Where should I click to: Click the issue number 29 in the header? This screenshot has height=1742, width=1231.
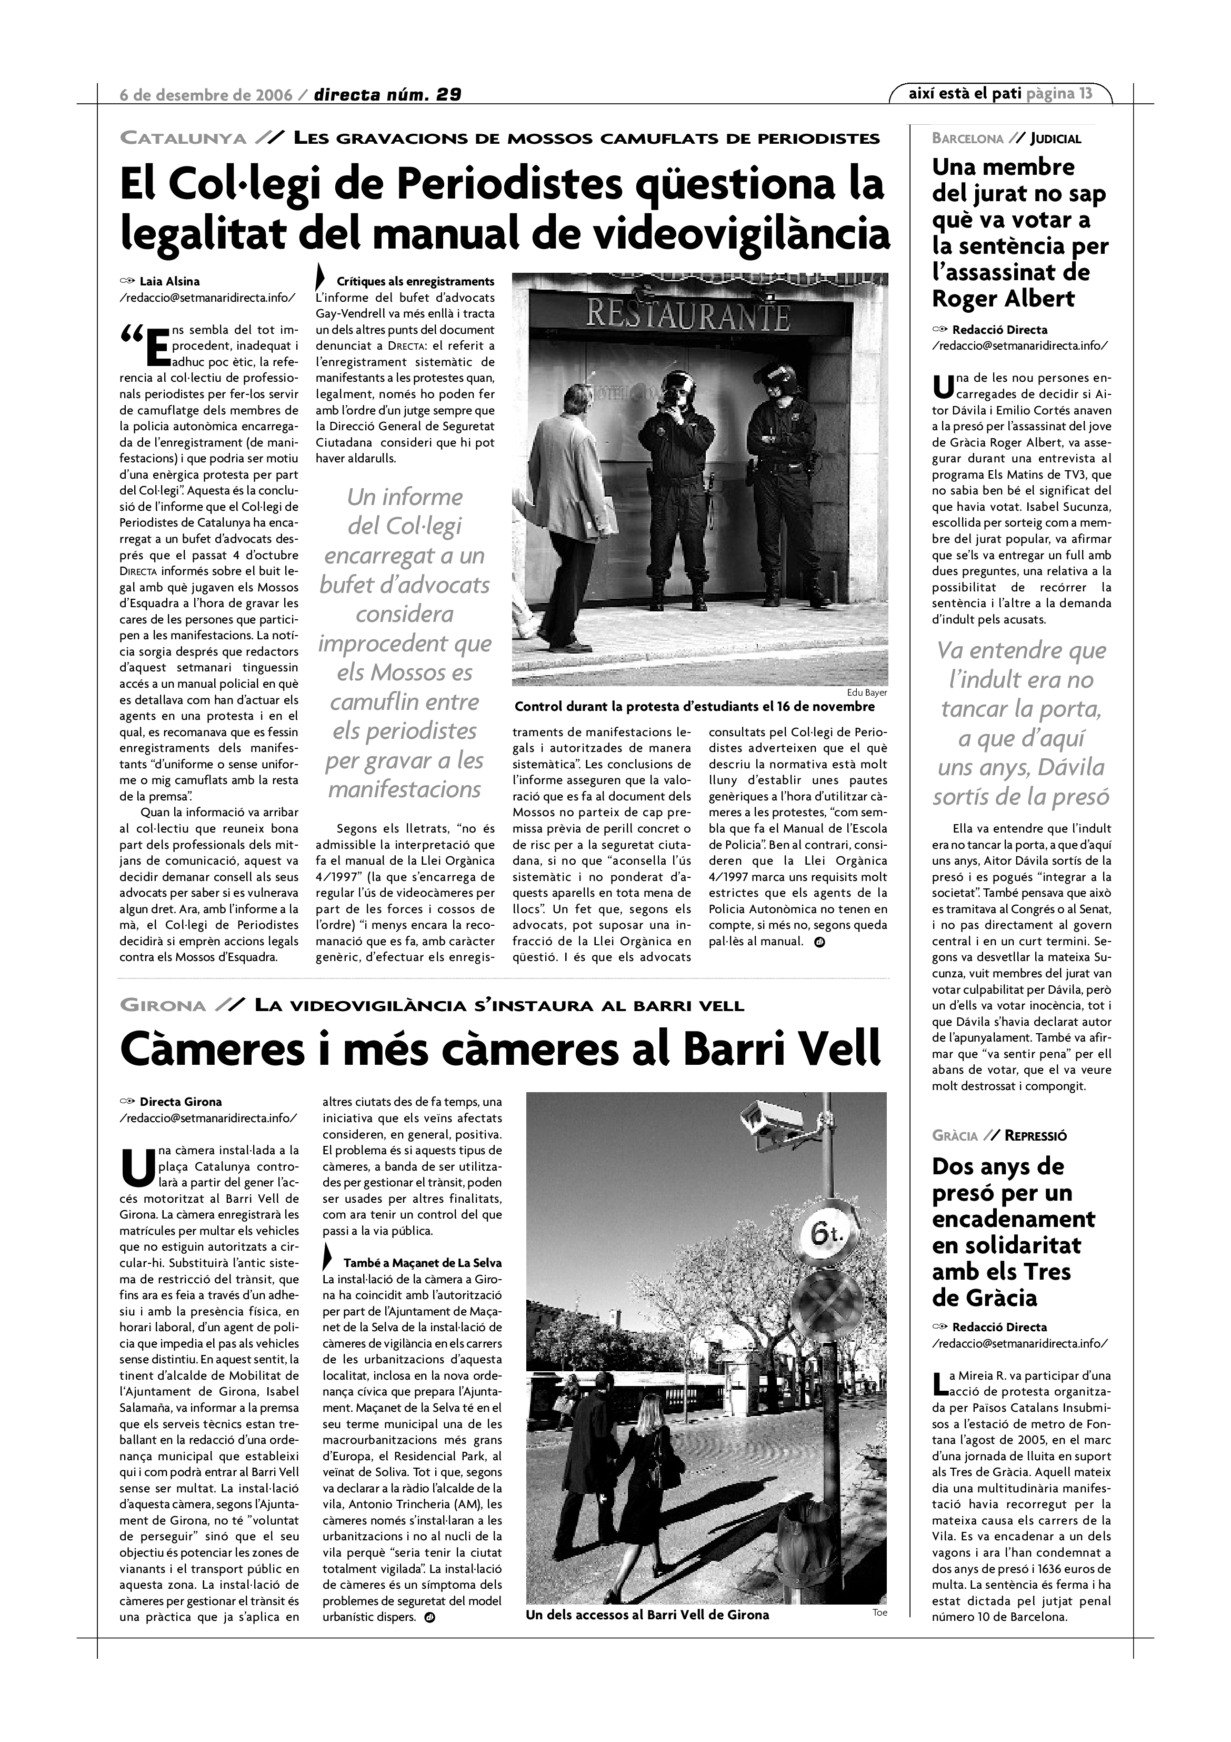448,95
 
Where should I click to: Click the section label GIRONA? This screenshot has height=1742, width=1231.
163,1006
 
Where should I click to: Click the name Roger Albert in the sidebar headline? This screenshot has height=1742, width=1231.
1003,298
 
